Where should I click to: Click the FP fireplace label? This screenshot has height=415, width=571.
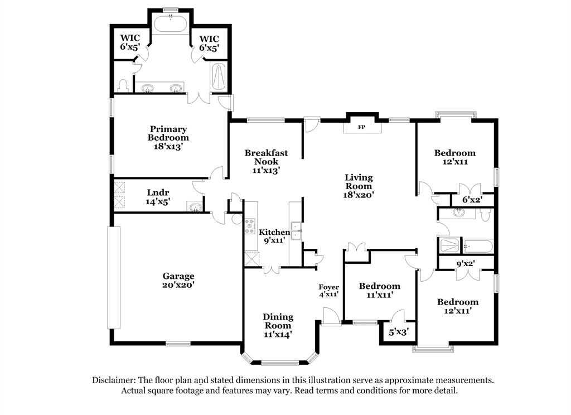coord(361,127)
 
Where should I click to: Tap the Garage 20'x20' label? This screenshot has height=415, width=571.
coord(178,280)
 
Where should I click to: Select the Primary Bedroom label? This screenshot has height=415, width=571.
coord(168,137)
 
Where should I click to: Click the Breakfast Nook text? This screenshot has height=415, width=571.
coord(266,162)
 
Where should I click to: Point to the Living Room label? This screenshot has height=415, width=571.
coord(358,186)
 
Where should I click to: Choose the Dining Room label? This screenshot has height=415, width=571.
coord(278,325)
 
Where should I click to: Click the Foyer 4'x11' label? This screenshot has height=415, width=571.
coord(328,290)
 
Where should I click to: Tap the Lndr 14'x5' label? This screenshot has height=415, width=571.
coord(158,197)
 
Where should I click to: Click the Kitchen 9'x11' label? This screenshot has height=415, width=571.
coord(274,236)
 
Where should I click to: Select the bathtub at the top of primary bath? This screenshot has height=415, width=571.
coord(171,23)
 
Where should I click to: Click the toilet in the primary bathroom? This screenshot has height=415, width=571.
coord(123,85)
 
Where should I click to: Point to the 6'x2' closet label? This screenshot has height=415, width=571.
coord(472,200)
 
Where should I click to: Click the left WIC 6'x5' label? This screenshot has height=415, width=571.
coord(129,43)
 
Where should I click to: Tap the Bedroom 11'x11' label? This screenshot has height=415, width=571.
coord(379,291)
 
